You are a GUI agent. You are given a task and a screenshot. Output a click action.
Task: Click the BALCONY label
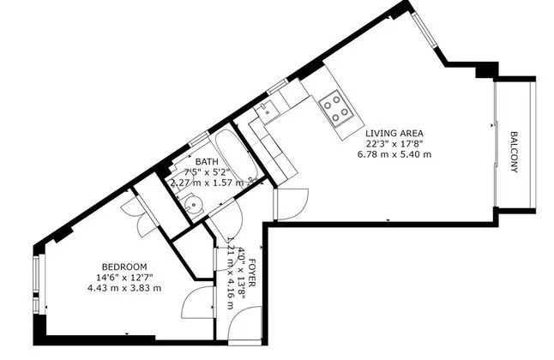click(x=514, y=152)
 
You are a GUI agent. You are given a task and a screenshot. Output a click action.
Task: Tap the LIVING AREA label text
click(x=394, y=133)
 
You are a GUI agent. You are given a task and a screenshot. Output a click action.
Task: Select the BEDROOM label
click(x=124, y=267)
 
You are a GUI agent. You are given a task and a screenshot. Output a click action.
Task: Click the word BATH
click(x=207, y=162)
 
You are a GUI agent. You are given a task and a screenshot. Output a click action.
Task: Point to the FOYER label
click(x=252, y=273)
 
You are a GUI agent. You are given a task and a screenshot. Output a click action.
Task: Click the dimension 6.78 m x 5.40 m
click(x=394, y=154)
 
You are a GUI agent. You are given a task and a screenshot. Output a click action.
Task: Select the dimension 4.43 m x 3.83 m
click(x=124, y=288)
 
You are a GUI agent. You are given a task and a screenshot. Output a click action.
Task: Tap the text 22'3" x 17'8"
click(x=394, y=144)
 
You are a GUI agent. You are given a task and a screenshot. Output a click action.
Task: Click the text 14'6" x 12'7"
click(x=124, y=278)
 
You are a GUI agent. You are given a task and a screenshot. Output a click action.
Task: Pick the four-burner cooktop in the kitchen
click(x=335, y=108)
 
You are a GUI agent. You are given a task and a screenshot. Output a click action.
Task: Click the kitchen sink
click(x=267, y=109)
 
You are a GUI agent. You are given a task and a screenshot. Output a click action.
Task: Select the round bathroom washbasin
click(x=194, y=205)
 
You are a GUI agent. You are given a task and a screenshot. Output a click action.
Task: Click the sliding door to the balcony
click(x=496, y=144)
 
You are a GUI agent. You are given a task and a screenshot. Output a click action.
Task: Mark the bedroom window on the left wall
click(x=36, y=285)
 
